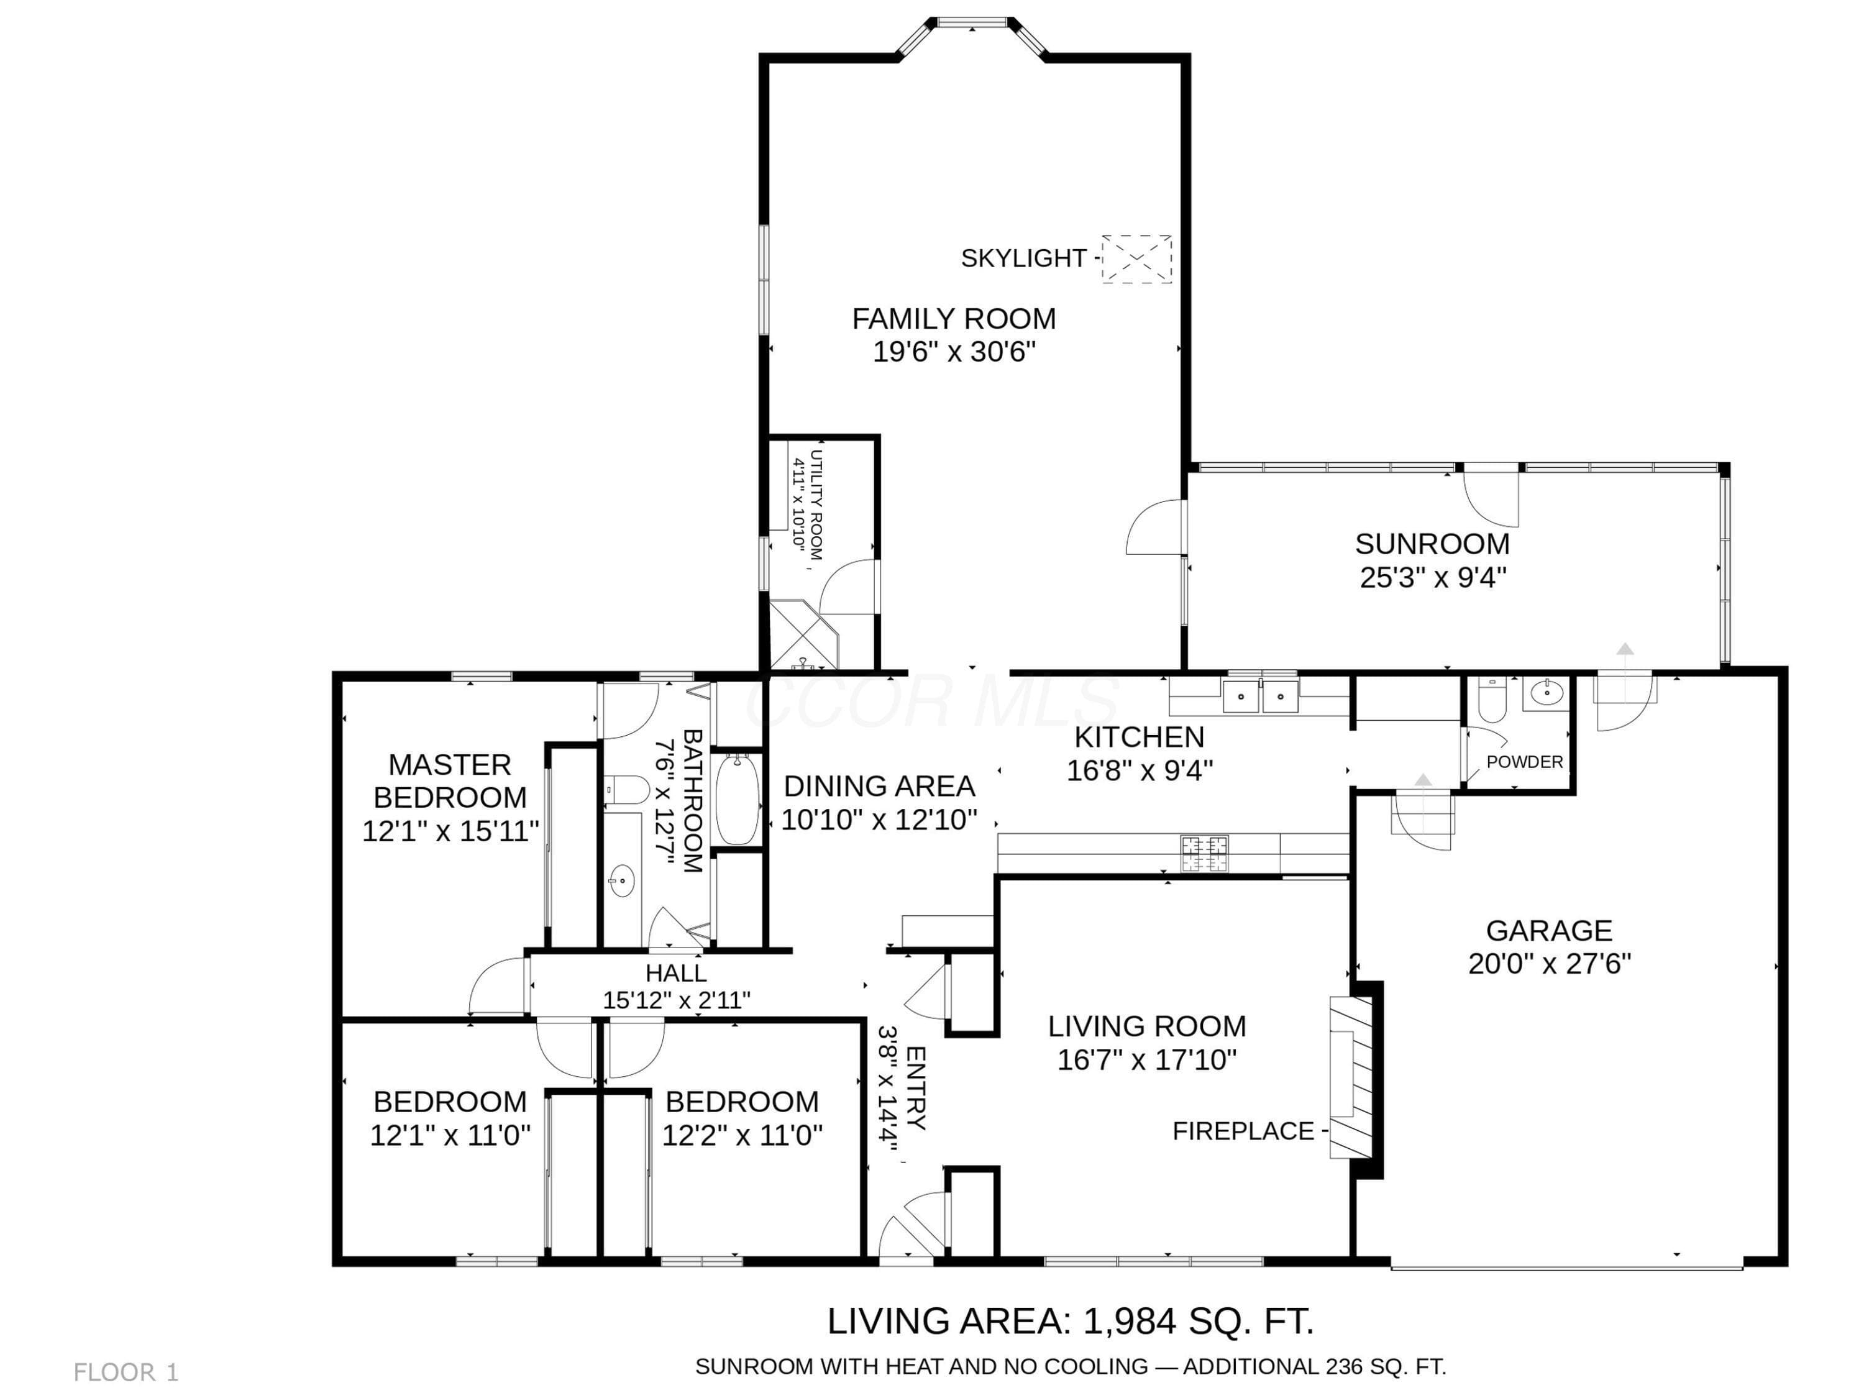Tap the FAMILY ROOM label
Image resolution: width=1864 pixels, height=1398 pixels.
pos(953,319)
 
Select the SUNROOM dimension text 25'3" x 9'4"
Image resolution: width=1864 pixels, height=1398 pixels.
pos(1433,577)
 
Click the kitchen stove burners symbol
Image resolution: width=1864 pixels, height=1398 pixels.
pos(1204,853)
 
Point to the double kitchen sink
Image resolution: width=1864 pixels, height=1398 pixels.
pos(1261,696)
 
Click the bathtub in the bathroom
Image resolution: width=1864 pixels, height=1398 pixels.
pos(738,799)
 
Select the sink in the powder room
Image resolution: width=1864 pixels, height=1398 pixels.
pos(1546,693)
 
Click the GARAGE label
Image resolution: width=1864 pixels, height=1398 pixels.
pos(1549,930)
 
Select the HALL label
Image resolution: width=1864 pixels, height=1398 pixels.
pos(676,973)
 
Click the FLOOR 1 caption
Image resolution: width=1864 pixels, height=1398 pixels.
pos(126,1373)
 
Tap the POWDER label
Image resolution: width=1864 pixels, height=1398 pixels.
pos(1524,762)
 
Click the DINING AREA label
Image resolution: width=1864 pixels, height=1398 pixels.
pos(879,786)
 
